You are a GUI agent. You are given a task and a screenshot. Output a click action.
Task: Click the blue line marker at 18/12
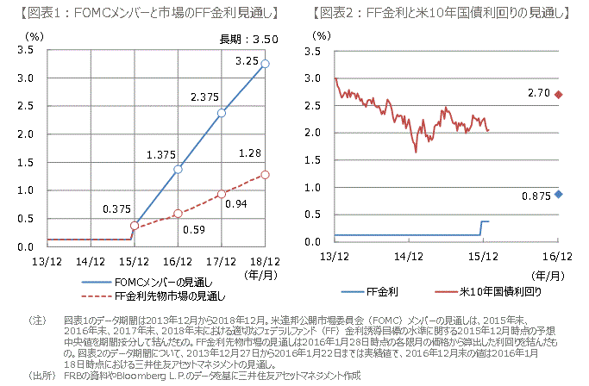click(x=265, y=64)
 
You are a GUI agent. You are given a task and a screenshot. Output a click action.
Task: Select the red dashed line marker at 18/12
click(x=265, y=174)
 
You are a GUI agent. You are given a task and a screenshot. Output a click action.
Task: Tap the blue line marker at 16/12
click(x=178, y=169)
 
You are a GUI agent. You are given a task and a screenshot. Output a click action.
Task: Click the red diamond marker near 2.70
click(x=559, y=95)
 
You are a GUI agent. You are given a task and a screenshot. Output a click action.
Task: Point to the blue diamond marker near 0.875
click(x=559, y=194)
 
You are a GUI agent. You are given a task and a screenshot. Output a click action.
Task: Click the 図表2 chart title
click(x=441, y=12)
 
